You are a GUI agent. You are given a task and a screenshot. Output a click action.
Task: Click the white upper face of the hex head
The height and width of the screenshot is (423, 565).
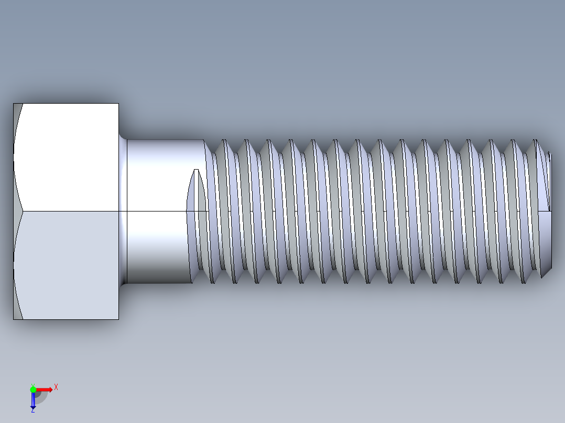(x=68, y=157)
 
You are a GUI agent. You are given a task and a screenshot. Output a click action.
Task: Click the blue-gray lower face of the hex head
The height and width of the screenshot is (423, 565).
(x=68, y=264)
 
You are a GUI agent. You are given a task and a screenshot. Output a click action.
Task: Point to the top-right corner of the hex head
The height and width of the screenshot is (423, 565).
(x=118, y=104)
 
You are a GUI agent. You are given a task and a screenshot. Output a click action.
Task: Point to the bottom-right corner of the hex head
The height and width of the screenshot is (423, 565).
(x=118, y=319)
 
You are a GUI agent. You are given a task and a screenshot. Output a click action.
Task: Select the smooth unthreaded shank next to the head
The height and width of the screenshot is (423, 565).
(x=157, y=209)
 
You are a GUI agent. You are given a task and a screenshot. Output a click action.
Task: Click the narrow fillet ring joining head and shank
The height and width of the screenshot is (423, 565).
(x=124, y=209)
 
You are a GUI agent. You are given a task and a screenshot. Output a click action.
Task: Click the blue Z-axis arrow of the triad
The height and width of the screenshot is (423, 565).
(x=33, y=400)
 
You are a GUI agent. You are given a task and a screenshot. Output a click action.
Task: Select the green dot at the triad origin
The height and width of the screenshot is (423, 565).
(x=33, y=389)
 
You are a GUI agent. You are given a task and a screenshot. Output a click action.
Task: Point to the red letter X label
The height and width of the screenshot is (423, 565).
(x=56, y=387)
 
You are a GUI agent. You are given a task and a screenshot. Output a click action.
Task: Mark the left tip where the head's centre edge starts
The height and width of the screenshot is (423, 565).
(x=23, y=211)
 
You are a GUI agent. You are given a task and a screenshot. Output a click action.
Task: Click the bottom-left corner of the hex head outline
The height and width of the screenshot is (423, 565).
(x=14, y=319)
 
